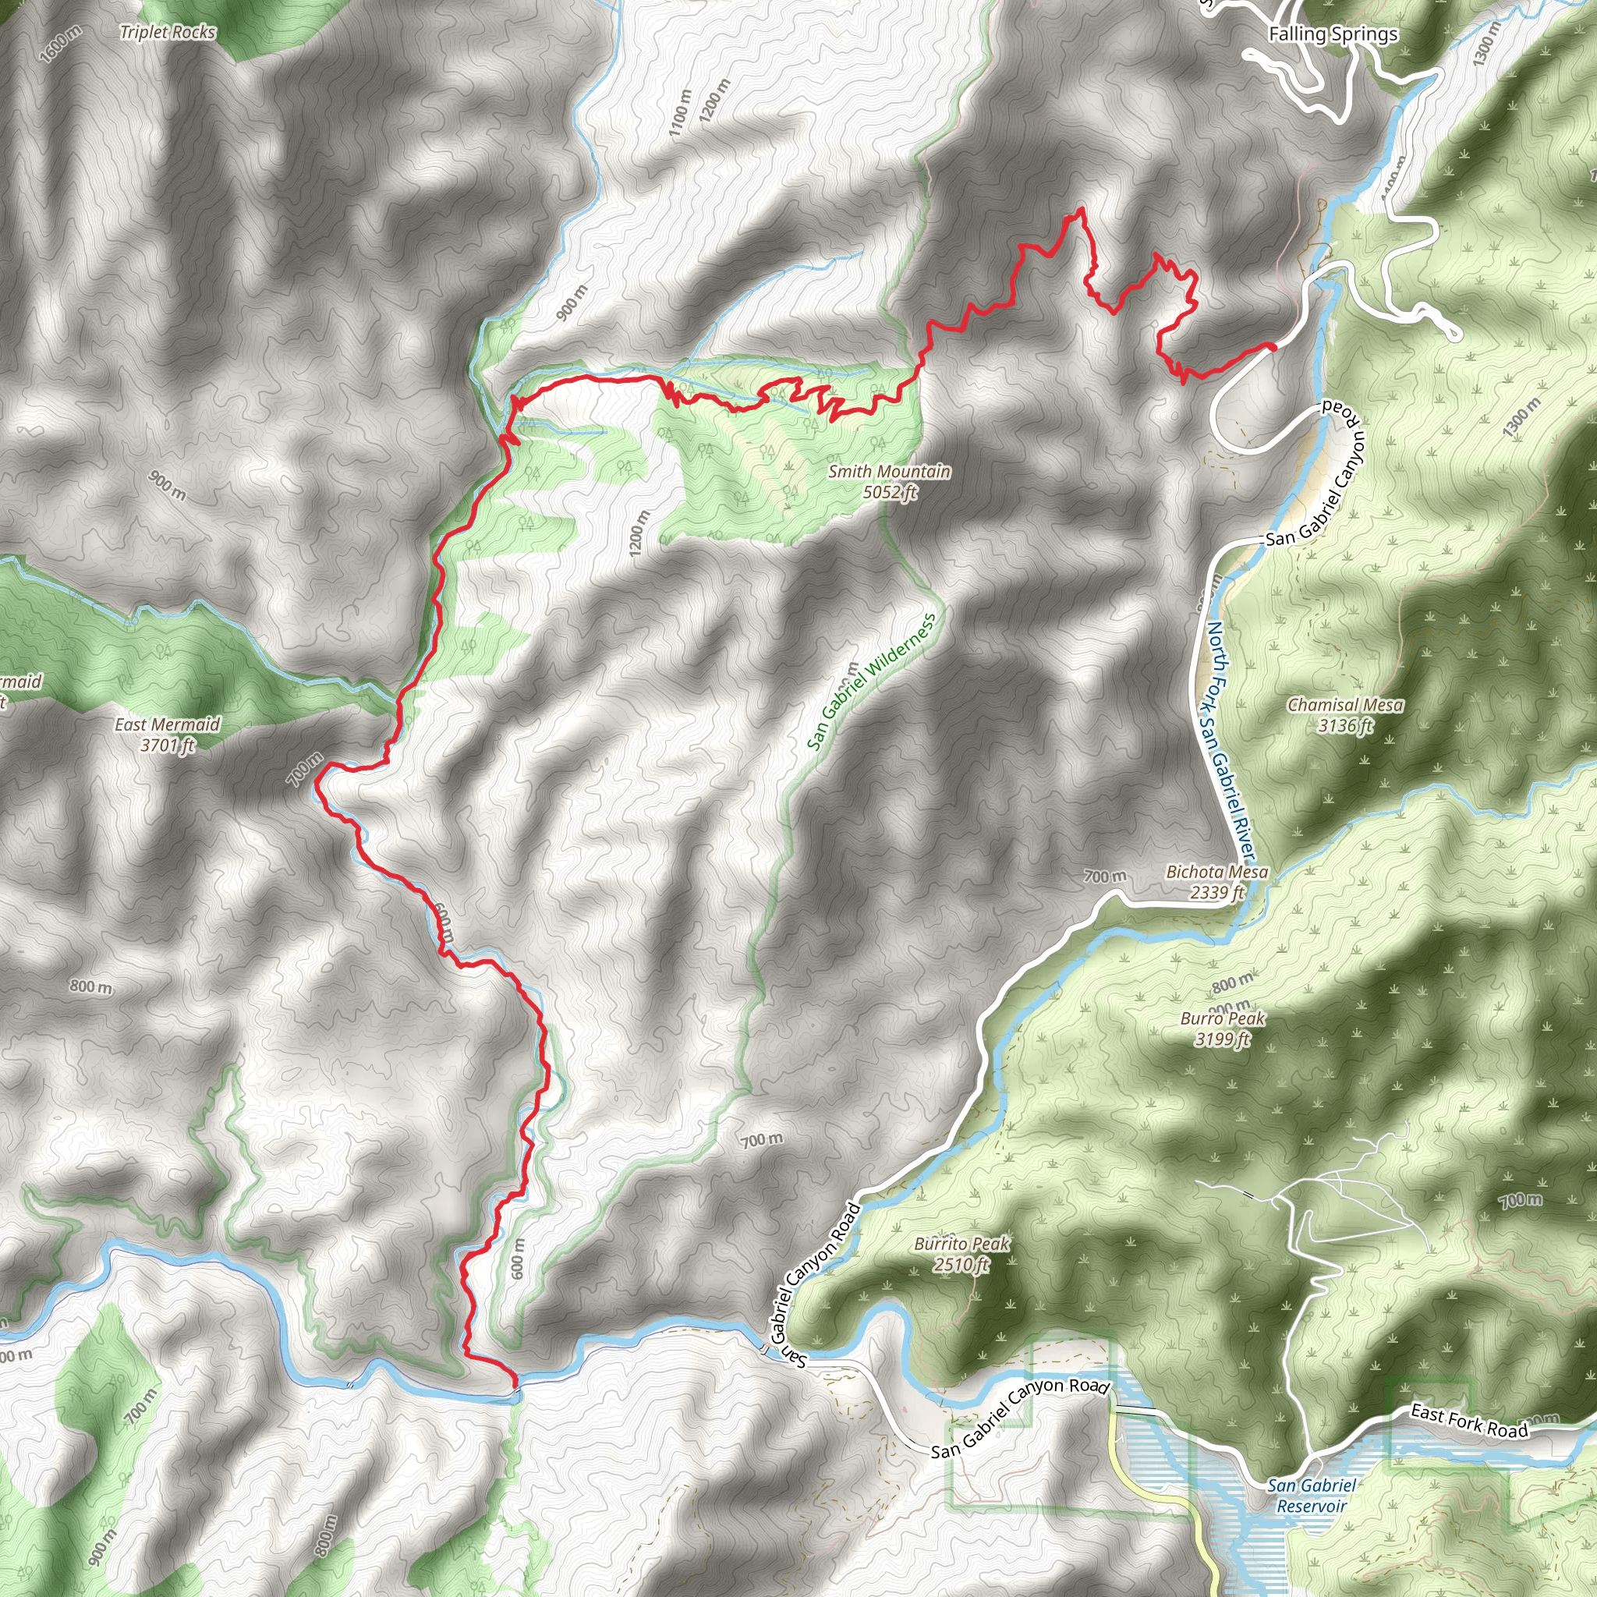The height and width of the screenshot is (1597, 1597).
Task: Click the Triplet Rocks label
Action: pos(168,32)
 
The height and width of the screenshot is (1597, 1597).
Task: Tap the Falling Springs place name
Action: pos(1333,34)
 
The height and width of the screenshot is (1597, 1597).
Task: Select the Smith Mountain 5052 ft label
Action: pos(890,482)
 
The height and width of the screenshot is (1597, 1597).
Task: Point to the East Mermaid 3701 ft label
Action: pos(168,734)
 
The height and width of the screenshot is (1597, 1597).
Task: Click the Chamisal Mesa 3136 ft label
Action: pos(1345,715)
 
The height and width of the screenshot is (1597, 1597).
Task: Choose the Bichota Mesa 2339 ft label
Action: pos(1216,882)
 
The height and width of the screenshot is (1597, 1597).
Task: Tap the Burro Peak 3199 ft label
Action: pos(1223,1029)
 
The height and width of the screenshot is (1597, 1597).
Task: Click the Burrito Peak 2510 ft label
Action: pos(962,1254)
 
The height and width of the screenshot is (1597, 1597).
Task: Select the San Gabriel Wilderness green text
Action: pos(871,683)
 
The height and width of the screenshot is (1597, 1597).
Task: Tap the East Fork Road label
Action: pos(1469,1422)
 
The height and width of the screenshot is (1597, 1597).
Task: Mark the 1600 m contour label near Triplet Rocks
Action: pos(60,44)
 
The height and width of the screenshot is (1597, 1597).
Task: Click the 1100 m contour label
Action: pos(679,114)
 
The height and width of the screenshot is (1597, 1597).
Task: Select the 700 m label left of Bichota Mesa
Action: pos(1105,876)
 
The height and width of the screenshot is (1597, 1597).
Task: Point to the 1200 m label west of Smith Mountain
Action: pos(639,533)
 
